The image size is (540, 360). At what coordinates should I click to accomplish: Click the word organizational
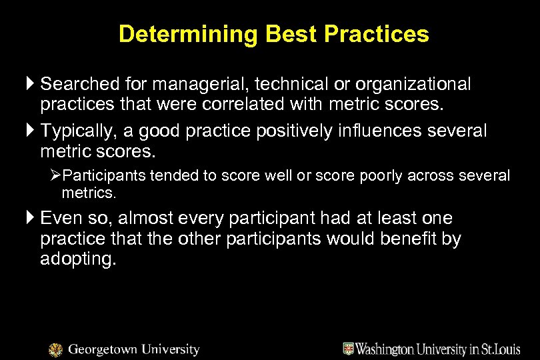(x=413, y=85)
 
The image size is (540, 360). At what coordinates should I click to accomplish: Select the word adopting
(x=78, y=259)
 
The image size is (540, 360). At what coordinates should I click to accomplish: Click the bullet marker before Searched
(x=31, y=85)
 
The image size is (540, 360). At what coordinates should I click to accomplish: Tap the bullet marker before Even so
(x=31, y=218)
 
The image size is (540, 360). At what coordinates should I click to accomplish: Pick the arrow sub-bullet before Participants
(x=56, y=176)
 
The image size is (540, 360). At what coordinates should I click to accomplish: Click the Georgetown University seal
(x=56, y=350)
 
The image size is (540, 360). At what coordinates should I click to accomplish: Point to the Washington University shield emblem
(x=348, y=349)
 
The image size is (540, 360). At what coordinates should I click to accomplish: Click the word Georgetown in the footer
(x=101, y=349)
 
